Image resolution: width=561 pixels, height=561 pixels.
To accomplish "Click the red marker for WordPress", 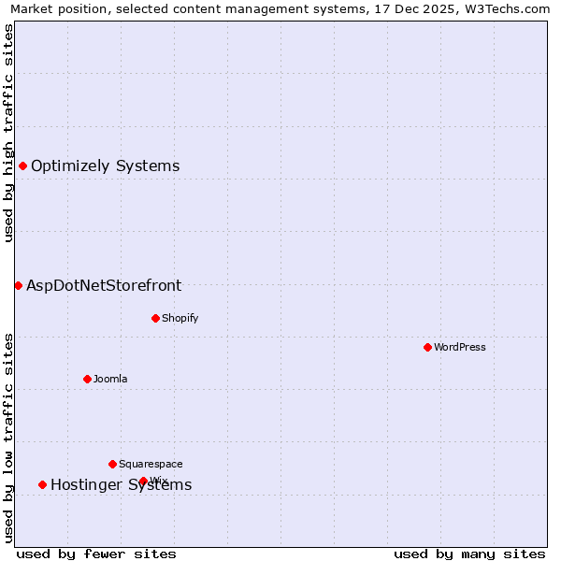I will pos(427,347).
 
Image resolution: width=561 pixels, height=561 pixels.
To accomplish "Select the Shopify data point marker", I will pos(155,318).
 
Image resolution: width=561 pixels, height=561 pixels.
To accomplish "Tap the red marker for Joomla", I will pos(87,379).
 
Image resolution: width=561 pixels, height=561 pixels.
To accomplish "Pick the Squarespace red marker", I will pos(112,464).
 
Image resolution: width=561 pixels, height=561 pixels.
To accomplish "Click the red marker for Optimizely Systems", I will pos(22,165).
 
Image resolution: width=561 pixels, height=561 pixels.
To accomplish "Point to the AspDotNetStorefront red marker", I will pos(18,285).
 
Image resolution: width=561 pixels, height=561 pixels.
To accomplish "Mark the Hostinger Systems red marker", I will pos(42,484).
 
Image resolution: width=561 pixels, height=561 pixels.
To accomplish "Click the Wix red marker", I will pos(143,481).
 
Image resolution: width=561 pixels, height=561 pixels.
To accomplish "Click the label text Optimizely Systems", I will pos(105,166).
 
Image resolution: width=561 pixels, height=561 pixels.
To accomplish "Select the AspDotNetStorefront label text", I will pos(104,286).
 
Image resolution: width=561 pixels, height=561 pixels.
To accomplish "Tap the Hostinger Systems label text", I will pos(121,484).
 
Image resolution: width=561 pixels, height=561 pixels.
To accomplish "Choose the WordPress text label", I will pos(460,347).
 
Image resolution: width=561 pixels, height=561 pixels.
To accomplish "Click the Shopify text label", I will pos(180,318).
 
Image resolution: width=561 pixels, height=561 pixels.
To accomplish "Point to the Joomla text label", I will pos(110,379).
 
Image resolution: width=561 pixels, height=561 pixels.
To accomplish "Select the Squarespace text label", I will pos(151,464).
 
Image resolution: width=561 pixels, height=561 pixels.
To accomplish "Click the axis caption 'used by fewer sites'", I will pos(96,554).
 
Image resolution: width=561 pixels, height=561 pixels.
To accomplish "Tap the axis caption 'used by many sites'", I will pos(469,554).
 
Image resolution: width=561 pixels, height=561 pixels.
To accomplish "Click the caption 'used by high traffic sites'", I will pos(9,133).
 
